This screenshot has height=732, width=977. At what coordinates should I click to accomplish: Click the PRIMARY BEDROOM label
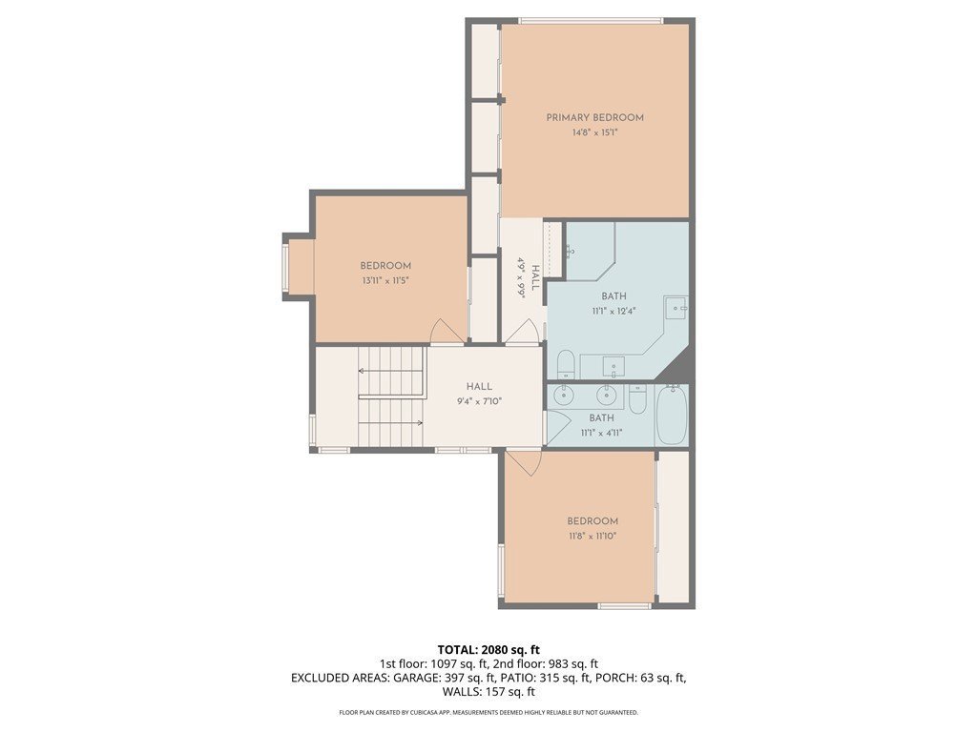(594, 117)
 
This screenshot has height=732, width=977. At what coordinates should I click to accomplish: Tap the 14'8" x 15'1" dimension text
(594, 132)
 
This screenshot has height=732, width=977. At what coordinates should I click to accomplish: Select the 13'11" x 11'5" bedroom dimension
(385, 281)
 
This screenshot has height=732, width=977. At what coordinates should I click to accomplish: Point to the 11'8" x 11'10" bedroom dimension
(592, 536)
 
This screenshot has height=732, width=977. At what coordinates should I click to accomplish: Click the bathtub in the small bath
(672, 414)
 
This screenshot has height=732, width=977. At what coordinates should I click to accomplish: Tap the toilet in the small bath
(637, 399)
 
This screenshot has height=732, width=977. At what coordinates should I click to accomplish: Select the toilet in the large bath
(565, 364)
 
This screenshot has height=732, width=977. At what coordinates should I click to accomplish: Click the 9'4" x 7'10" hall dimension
(479, 401)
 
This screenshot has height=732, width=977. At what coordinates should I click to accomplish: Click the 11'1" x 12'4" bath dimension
(613, 312)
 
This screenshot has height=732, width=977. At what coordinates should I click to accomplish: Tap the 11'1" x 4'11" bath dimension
(601, 433)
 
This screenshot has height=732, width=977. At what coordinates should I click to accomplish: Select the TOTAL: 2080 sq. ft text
(488, 650)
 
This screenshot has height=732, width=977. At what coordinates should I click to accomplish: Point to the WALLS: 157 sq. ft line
(488, 692)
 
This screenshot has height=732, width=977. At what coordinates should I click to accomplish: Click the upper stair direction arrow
(391, 371)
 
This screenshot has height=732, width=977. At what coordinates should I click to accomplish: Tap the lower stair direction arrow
(391, 422)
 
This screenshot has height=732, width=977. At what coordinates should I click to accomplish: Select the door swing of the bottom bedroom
(525, 462)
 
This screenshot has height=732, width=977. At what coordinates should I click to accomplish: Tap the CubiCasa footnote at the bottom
(488, 712)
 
